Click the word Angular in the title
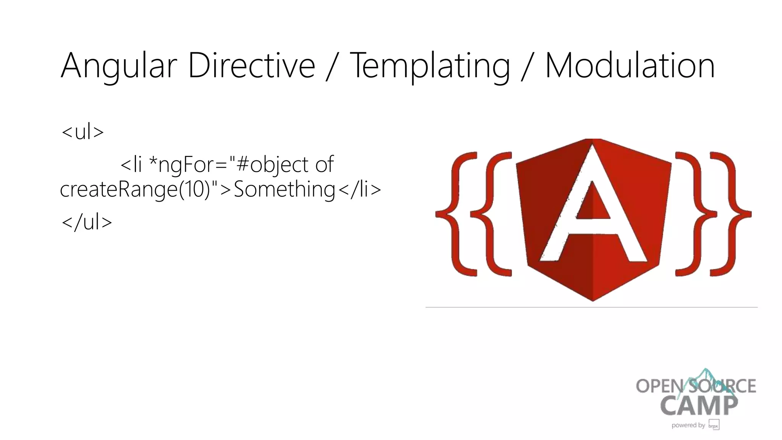[119, 66]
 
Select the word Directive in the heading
[251, 65]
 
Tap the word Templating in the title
[430, 66]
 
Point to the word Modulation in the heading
[630, 65]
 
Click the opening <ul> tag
[82, 132]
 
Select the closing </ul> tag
[87, 222]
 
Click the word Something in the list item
[284, 189]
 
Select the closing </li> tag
[359, 189]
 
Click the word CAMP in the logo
[699, 406]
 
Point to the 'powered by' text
[688, 425]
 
